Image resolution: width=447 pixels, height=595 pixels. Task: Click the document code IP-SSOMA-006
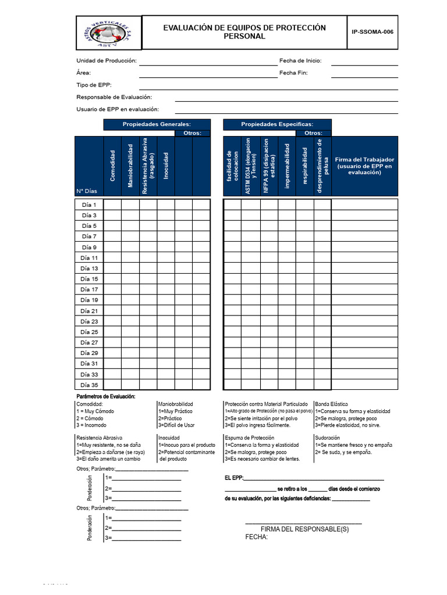[x=372, y=32]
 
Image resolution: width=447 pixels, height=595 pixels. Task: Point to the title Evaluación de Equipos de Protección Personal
[x=244, y=32]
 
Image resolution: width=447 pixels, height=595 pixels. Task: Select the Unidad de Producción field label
[x=107, y=60]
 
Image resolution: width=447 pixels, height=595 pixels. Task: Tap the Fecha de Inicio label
[x=300, y=60]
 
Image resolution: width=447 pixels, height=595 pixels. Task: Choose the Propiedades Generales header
[x=157, y=124]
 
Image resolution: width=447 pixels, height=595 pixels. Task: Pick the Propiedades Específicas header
[x=277, y=124]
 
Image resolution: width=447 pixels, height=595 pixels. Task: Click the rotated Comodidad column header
[x=113, y=164]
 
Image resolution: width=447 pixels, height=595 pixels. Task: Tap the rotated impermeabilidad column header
[x=287, y=166]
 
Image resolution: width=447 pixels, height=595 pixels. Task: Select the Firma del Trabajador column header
[x=364, y=166]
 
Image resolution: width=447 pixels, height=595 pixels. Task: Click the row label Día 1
[x=90, y=205]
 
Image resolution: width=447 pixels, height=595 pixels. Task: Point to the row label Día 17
[x=90, y=289]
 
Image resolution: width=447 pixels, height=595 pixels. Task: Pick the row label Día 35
[x=90, y=385]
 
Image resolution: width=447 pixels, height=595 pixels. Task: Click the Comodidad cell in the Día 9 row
[x=112, y=247]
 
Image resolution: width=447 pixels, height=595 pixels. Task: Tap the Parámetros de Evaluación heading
[x=106, y=396]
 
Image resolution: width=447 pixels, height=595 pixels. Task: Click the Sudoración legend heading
[x=327, y=438]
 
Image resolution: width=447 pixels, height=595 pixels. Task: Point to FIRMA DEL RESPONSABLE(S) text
[x=304, y=529]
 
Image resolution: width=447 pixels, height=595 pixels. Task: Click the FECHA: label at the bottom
[x=256, y=537]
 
